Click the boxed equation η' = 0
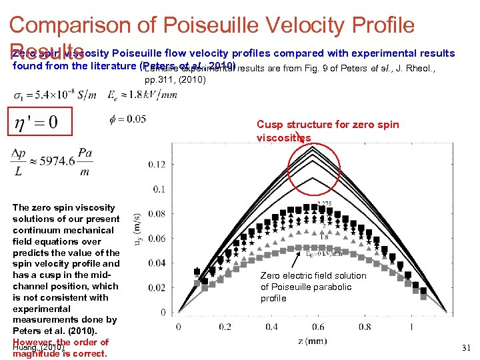tap(33, 122)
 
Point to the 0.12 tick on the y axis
tap(157, 164)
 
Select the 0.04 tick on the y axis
tap(157, 263)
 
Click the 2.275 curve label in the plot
tap(325, 204)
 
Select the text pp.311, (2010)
tap(175, 79)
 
